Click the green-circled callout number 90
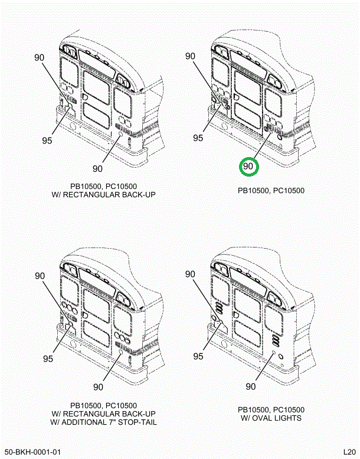(x=248, y=166)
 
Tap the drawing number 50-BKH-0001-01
(x=32, y=452)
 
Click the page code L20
(x=349, y=452)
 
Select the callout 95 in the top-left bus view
(x=47, y=141)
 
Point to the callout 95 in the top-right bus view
(x=198, y=138)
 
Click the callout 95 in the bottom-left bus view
(x=48, y=359)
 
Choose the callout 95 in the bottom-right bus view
(x=198, y=356)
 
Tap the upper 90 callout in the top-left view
(x=39, y=57)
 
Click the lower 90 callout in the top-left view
(x=98, y=168)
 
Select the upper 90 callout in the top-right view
(x=190, y=56)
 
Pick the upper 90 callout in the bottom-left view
(x=40, y=276)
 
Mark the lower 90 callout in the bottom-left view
(x=98, y=387)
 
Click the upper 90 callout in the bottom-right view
(x=190, y=274)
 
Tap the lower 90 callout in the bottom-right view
(x=251, y=387)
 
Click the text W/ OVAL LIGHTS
(x=271, y=418)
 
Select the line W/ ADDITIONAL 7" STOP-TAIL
(x=103, y=422)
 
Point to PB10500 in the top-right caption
(x=254, y=191)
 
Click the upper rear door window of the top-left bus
(x=96, y=87)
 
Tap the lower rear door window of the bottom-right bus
(x=247, y=334)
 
